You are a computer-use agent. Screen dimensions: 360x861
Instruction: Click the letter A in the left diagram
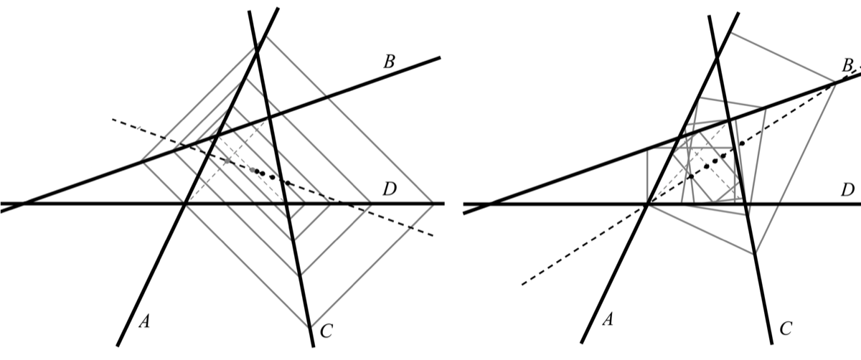point(144,323)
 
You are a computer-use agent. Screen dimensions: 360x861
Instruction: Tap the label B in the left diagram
point(390,62)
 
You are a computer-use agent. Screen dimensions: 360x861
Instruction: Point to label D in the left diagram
point(390,190)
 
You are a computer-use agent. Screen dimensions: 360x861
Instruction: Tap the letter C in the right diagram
point(786,329)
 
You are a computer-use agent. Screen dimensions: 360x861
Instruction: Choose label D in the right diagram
point(847,190)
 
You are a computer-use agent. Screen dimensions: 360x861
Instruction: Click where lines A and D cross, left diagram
point(185,204)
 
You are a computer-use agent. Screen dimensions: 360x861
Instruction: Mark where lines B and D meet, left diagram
point(23,204)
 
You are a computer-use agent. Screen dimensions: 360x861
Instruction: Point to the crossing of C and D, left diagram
point(288,204)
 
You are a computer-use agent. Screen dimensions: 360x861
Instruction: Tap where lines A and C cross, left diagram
point(258,48)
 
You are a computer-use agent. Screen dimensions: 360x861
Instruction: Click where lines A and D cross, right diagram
point(647,204)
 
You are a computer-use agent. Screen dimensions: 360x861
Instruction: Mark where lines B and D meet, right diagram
point(486,204)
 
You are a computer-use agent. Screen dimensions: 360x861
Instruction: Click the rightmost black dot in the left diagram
point(287,184)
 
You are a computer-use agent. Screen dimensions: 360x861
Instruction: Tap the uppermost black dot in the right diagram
point(742,143)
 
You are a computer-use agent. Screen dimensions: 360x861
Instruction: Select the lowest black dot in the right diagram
point(690,176)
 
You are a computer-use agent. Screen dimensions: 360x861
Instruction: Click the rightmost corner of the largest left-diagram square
point(435,204)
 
